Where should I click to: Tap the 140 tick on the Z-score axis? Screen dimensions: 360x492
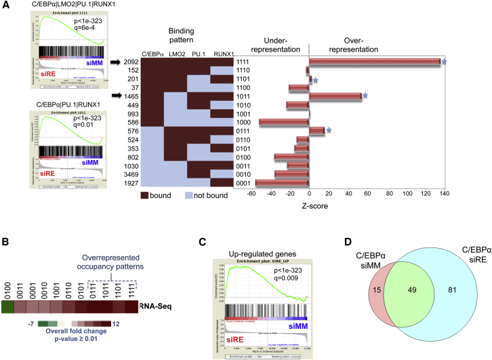click(445, 194)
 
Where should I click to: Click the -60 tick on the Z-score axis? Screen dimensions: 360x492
click(251, 194)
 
